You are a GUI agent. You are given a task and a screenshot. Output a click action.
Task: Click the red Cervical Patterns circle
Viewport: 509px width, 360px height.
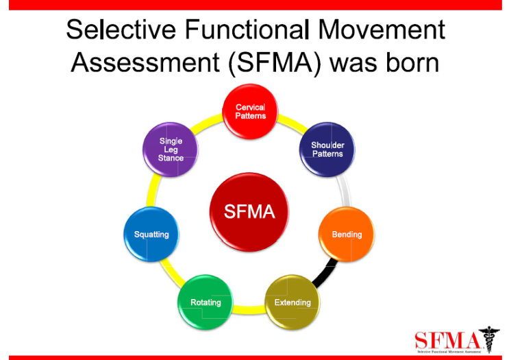(x=250, y=112)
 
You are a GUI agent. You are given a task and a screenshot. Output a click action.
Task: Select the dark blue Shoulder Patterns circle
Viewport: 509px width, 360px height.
(x=327, y=149)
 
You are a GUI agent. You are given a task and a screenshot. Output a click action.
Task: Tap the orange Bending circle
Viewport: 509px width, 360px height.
(x=347, y=235)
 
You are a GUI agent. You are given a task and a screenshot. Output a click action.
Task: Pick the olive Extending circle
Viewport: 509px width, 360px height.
(x=293, y=302)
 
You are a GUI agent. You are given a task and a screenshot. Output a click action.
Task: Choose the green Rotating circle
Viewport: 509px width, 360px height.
(x=206, y=302)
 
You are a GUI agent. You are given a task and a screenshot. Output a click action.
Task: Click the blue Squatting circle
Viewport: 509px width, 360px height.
(x=151, y=235)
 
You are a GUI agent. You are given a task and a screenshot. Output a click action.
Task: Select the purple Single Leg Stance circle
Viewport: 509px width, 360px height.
(x=171, y=149)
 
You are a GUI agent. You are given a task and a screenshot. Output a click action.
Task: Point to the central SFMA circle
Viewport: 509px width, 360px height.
(x=249, y=212)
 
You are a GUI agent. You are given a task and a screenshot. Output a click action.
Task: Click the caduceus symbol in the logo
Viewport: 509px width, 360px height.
(x=488, y=339)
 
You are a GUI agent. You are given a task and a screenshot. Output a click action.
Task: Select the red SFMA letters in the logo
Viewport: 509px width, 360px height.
(x=445, y=339)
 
